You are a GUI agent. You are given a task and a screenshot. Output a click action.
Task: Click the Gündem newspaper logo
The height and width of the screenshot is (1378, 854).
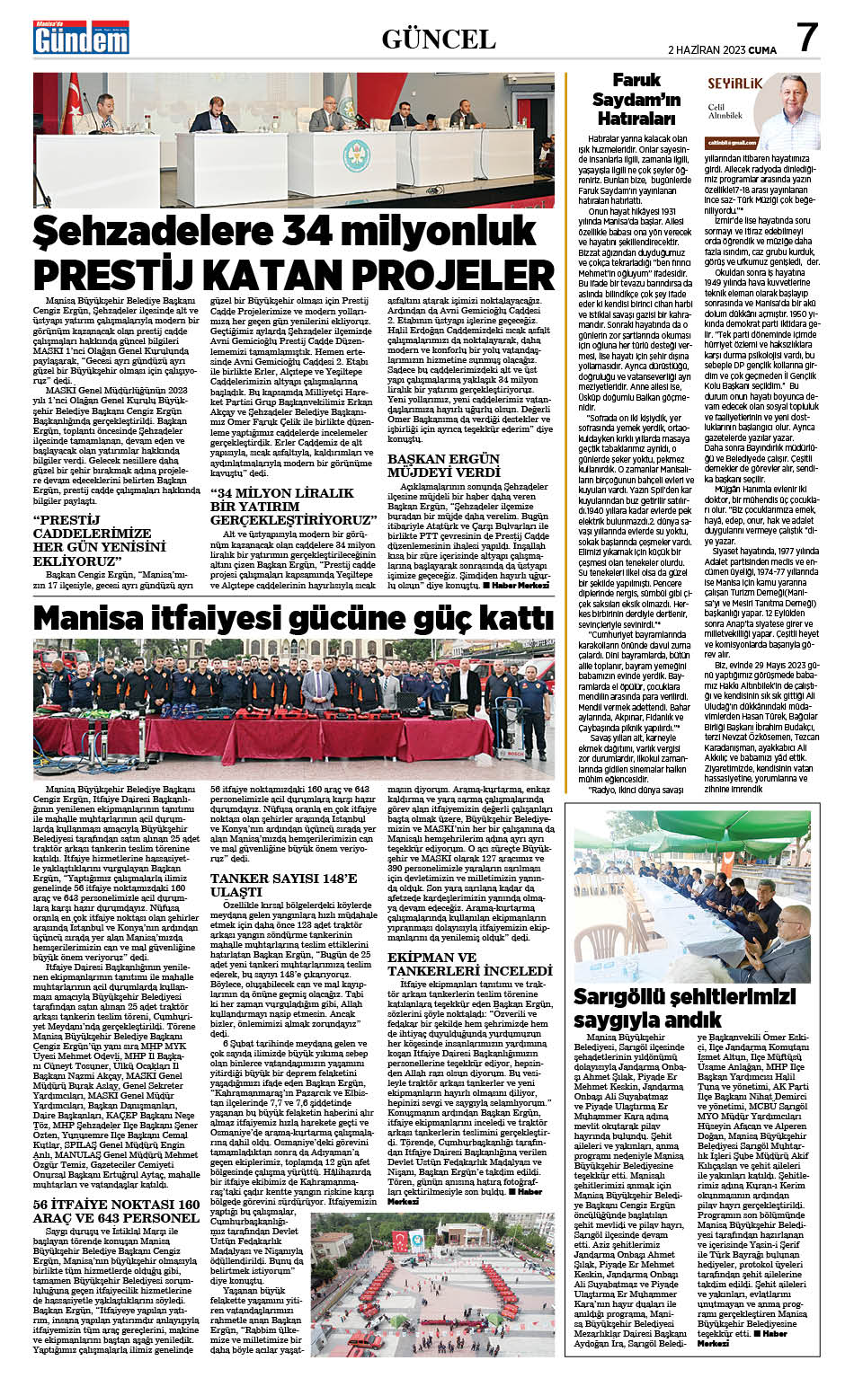(x=80, y=37)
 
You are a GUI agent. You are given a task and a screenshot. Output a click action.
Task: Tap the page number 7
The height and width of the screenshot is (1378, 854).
(x=807, y=37)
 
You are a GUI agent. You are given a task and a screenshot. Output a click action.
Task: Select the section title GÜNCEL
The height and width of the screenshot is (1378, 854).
(x=439, y=39)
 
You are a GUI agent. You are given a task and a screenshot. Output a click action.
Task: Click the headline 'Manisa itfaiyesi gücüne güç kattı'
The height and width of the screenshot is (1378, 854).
(x=293, y=618)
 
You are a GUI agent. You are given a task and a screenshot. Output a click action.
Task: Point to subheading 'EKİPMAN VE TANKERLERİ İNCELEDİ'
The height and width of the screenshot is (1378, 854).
(x=469, y=964)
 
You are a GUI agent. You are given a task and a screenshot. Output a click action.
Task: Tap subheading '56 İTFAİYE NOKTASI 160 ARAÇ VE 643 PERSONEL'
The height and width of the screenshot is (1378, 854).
(x=116, y=1211)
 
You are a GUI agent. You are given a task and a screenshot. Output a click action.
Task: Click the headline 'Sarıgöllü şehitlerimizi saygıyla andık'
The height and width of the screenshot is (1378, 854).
(x=685, y=1008)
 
